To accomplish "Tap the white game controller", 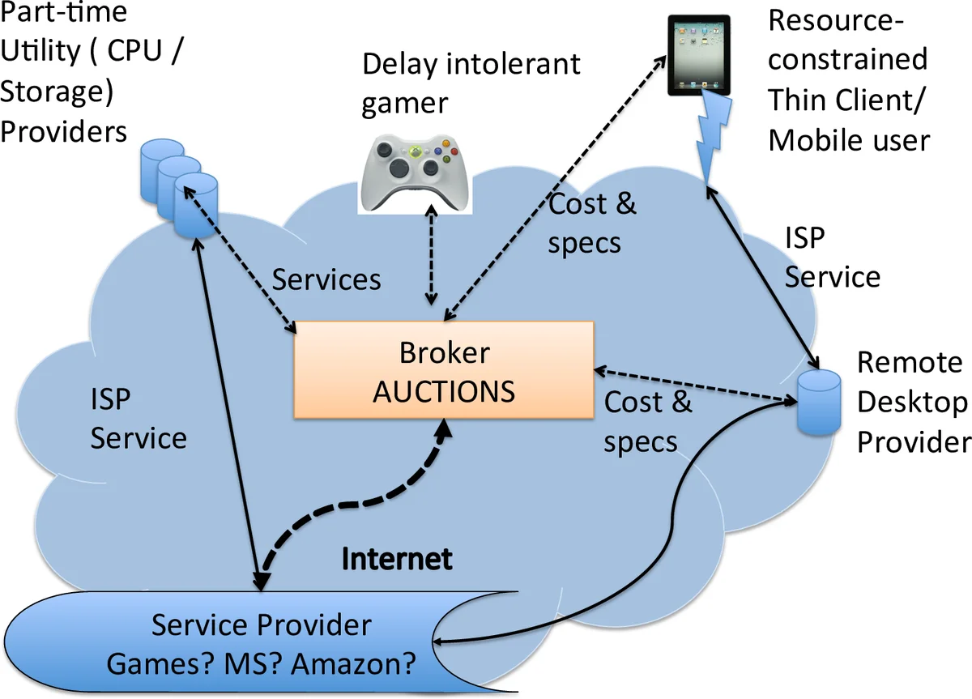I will [414, 170].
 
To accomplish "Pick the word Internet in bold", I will [397, 559].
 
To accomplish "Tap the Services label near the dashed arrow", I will [326, 279].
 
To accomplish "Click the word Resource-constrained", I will [847, 40].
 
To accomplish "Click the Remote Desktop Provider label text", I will [912, 402].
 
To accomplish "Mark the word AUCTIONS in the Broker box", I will [444, 390].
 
